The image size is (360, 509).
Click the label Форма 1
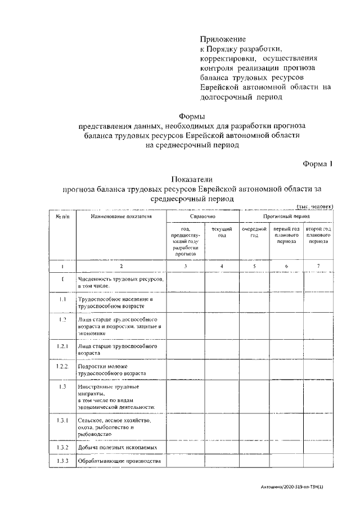click(x=318, y=164)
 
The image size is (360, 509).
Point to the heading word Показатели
click(x=188, y=179)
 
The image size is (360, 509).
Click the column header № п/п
click(x=62, y=216)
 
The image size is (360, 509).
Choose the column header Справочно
click(x=203, y=216)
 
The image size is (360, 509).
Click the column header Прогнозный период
click(x=287, y=216)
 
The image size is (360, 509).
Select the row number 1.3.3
click(x=62, y=461)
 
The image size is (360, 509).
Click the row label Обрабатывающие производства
click(x=119, y=461)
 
